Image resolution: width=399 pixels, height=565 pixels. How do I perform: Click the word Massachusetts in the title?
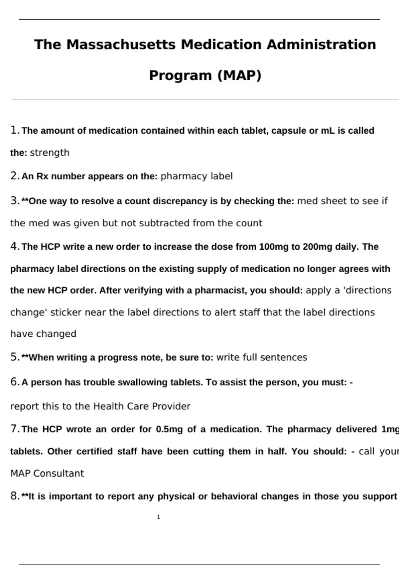click(x=121, y=45)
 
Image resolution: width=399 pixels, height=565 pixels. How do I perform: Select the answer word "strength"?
click(x=50, y=153)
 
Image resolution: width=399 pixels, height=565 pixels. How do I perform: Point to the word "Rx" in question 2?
click(x=42, y=176)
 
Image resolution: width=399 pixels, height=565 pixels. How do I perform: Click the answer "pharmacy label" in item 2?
click(x=197, y=176)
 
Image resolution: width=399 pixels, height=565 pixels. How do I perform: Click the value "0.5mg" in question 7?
click(x=169, y=429)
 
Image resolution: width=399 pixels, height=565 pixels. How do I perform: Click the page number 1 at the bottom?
click(x=159, y=517)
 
